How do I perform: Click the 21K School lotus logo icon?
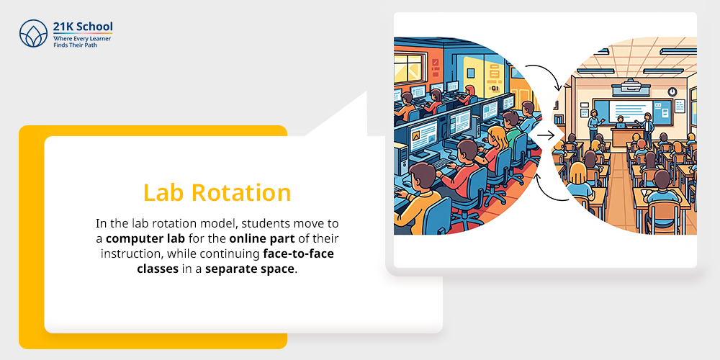pos(33,34)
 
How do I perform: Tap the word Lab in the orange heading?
pos(163,192)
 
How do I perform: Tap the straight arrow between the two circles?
pos(544,135)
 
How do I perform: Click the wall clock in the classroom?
pos(672,91)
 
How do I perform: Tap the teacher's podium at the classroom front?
pos(620,136)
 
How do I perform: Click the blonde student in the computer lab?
pos(498,140)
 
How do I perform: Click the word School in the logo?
pos(95,26)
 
